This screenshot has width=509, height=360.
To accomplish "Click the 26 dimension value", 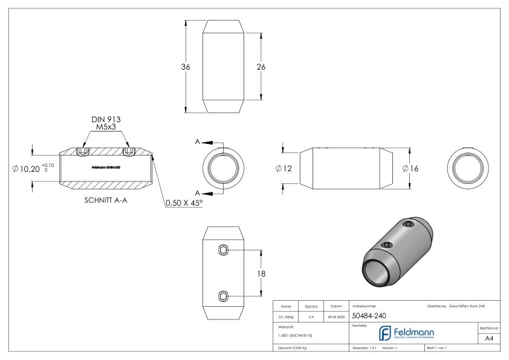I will pyautogui.click(x=261, y=67).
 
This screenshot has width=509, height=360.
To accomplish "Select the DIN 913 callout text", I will pyautogui.click(x=106, y=120).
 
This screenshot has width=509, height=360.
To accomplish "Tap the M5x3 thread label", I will pyautogui.click(x=106, y=128).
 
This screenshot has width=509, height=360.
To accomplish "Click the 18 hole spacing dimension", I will pyautogui.click(x=262, y=273).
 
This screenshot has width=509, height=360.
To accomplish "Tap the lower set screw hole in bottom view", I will pyautogui.click(x=224, y=296).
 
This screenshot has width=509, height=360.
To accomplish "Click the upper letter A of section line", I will pyautogui.click(x=198, y=142).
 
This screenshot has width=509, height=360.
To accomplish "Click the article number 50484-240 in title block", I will pyautogui.click(x=368, y=315).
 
